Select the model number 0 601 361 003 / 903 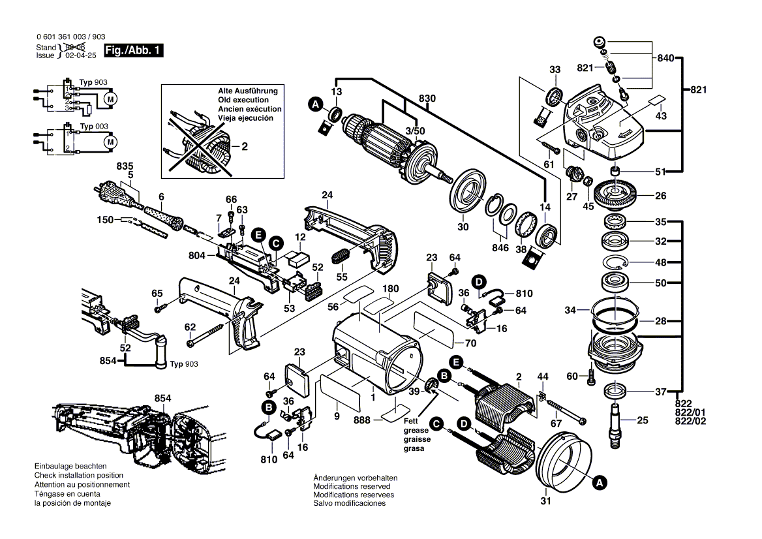(x=70, y=38)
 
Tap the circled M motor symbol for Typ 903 (x=110, y=99)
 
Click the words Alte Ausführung (x=248, y=91)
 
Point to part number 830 (x=427, y=99)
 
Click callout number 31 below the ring (x=545, y=502)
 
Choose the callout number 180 (x=390, y=288)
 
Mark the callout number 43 (x=660, y=115)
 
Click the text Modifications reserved (x=352, y=487)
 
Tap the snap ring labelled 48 (x=615, y=263)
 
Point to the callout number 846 (x=500, y=249)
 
